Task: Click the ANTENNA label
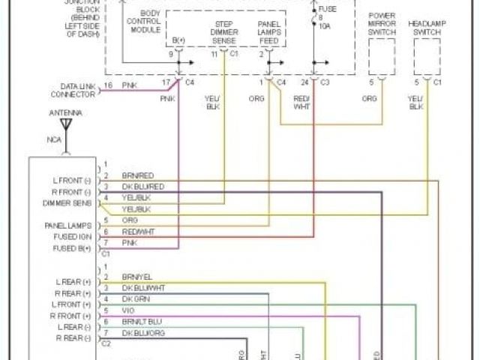pos(67,113)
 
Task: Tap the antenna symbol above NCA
pos(66,124)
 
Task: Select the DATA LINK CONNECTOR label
pos(73,90)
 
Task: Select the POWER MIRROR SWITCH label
pos(382,29)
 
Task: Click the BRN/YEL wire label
pos(137,277)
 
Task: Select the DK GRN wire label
pos(136,299)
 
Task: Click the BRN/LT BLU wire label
pos(142,321)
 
